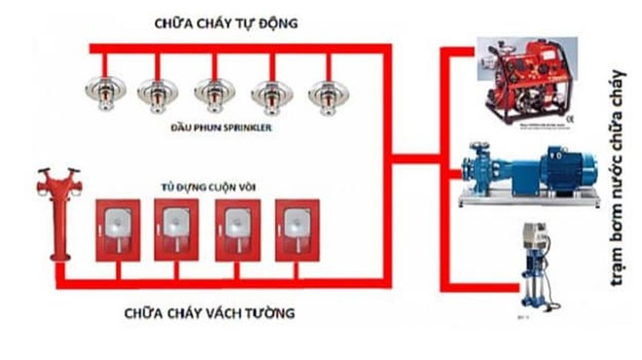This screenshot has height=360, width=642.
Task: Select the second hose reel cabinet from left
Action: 176,231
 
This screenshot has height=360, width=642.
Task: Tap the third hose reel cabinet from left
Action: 236,231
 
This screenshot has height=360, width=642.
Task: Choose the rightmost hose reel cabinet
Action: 296,231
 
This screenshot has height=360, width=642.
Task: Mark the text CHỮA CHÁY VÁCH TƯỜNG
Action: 208,313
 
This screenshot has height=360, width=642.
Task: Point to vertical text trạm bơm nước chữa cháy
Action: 618,185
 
